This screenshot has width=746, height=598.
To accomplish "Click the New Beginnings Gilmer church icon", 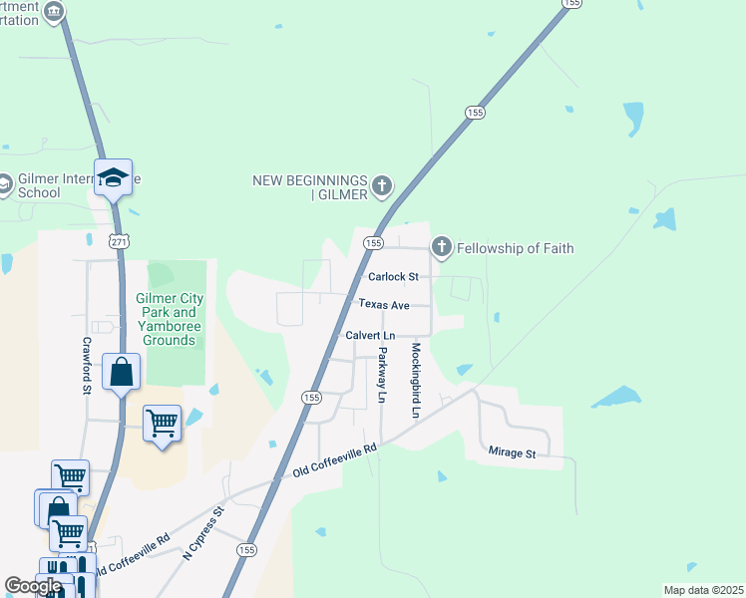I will pyautogui.click(x=381, y=185).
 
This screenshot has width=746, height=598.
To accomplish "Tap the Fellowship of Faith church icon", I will pyautogui.click(x=442, y=247).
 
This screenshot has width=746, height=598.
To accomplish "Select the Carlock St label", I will pyautogui.click(x=392, y=276).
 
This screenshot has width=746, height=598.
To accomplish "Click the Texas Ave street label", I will pyautogui.click(x=383, y=304).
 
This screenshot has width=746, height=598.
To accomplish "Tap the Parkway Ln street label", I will pyautogui.click(x=381, y=374).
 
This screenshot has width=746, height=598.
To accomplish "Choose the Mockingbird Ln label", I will pyautogui.click(x=416, y=380).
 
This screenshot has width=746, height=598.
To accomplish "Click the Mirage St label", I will pyautogui.click(x=512, y=453).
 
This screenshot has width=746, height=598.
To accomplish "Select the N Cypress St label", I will pyautogui.click(x=203, y=533).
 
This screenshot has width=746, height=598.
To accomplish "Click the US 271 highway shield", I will pyautogui.click(x=119, y=241).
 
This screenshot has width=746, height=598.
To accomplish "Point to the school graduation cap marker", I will pyautogui.click(x=114, y=177).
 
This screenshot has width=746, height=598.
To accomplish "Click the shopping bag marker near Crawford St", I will pyautogui.click(x=121, y=373).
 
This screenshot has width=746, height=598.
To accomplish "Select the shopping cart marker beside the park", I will pyautogui.click(x=162, y=424).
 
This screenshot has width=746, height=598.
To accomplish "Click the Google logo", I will pyautogui.click(x=33, y=586).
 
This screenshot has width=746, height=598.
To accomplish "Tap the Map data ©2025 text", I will pyautogui.click(x=703, y=590).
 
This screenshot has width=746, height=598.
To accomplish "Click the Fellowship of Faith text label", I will pyautogui.click(x=517, y=248).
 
